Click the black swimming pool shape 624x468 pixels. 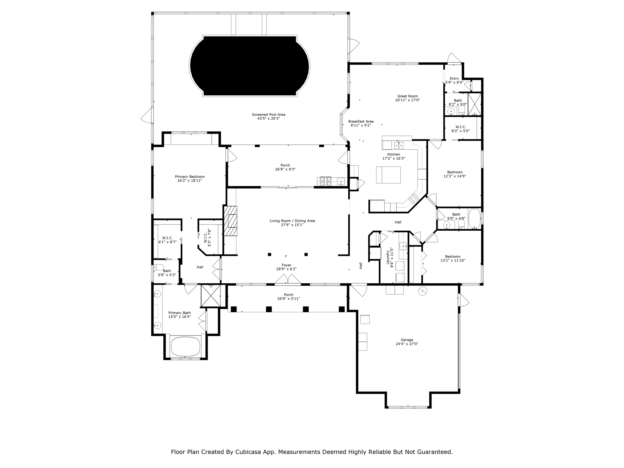click(x=250, y=66)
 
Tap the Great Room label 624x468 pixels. click(x=407, y=96)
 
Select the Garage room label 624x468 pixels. click(x=407, y=340)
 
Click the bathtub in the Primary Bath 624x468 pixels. click(x=186, y=346)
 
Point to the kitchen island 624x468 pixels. click(x=388, y=175)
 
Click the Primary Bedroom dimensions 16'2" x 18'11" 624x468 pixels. click(x=190, y=181)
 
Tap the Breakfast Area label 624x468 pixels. click(x=361, y=121)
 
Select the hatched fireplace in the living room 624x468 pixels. click(x=231, y=221)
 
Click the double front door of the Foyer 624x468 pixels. click(x=288, y=279)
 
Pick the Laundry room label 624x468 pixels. click(x=388, y=257)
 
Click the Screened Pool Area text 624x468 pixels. click(x=268, y=115)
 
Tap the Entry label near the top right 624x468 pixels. click(x=454, y=79)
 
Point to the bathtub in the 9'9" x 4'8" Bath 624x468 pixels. click(x=474, y=219)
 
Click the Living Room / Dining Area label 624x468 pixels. click(x=292, y=221)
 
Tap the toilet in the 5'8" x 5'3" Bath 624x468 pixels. click(x=158, y=267)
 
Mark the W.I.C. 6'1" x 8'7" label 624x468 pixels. click(x=168, y=238)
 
